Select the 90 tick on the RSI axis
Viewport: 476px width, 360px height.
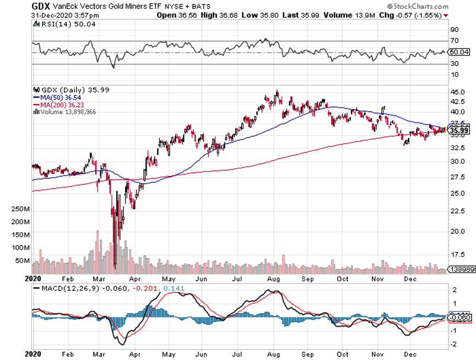pyautogui.click(x=455, y=30)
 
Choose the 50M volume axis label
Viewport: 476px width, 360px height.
pyautogui.click(x=23, y=260)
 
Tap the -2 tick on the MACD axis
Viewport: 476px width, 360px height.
pyautogui.click(x=455, y=345)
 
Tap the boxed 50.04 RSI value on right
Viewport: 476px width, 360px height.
pyautogui.click(x=459, y=52)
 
